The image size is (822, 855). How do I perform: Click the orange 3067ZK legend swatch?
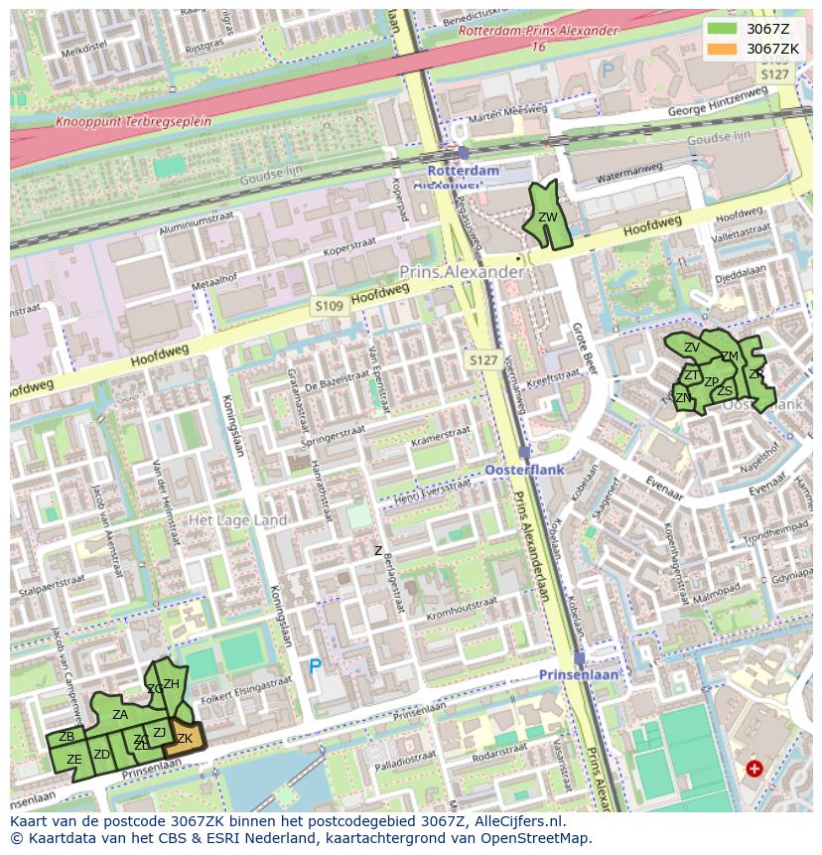pyautogui.click(x=723, y=48)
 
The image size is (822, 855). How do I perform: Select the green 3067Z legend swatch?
pyautogui.click(x=723, y=28)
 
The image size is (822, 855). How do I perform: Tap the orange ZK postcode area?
pyautogui.click(x=186, y=738)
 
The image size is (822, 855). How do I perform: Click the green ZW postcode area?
pyautogui.click(x=547, y=218)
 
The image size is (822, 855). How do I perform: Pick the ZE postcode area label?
pyautogui.click(x=73, y=760)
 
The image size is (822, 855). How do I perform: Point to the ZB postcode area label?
pyautogui.click(x=67, y=737)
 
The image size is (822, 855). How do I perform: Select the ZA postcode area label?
pyautogui.click(x=119, y=714)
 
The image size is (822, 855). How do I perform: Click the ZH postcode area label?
pyautogui.click(x=171, y=683)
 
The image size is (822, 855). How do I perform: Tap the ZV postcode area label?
pyautogui.click(x=691, y=348)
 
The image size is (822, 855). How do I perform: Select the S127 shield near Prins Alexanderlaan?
pyautogui.click(x=483, y=359)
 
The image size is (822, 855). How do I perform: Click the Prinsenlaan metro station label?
pyautogui.click(x=579, y=674)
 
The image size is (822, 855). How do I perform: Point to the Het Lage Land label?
pyautogui.click(x=237, y=520)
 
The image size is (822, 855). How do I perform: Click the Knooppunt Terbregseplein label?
pyautogui.click(x=134, y=121)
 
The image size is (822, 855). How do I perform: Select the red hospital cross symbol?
pyautogui.click(x=754, y=769)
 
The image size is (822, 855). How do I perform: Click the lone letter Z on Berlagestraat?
pyautogui.click(x=377, y=550)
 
